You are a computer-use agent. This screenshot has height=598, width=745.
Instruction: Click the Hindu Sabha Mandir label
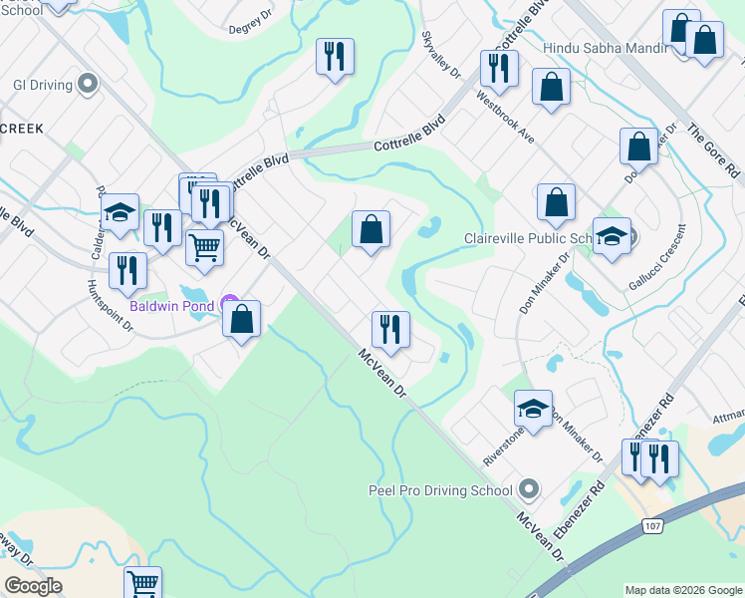[x=602, y=47]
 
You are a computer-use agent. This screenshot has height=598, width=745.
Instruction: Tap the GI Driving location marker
[x=89, y=84]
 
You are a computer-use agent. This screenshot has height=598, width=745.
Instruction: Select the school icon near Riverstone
[x=533, y=408]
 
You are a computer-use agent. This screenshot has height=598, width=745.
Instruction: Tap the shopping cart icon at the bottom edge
[x=143, y=582]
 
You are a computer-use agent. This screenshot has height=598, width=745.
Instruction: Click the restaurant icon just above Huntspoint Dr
[x=127, y=269]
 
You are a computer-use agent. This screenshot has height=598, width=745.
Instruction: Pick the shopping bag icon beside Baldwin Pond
[x=241, y=319]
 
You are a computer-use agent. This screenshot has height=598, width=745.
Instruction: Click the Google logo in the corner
[x=33, y=586]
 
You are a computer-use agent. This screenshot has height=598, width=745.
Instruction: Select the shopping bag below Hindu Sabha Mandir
[x=551, y=88]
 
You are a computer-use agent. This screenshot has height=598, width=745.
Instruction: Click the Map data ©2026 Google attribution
[x=682, y=590]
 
